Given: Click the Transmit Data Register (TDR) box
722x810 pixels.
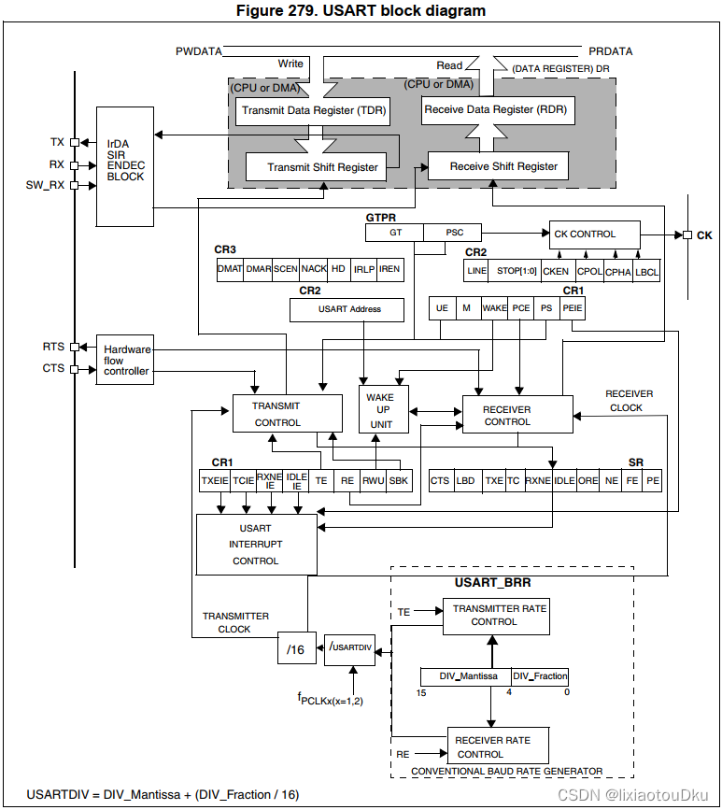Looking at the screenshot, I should point(311,110).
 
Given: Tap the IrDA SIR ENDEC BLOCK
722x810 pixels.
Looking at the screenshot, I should point(125,165).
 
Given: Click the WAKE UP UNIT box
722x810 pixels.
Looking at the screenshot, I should point(380,410).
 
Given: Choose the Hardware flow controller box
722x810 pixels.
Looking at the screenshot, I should point(125,361).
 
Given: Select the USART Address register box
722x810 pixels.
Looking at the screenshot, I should point(348,309).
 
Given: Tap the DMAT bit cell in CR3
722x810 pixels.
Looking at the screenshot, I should point(230,269).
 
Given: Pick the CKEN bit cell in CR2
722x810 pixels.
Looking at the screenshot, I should point(556,271).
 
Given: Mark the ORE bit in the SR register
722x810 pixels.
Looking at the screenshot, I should point(588,481).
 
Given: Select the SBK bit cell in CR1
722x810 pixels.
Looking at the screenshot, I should point(399,481).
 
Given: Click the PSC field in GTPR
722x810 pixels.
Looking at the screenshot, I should point(454,232).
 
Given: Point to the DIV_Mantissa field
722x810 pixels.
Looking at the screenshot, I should point(463,676).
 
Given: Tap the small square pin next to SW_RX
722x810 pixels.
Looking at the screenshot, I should point(74,185).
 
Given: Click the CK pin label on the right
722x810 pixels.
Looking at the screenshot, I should point(704,234).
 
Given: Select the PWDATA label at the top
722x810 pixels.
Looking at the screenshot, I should point(197,51).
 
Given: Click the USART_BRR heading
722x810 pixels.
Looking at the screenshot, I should point(492,583).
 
